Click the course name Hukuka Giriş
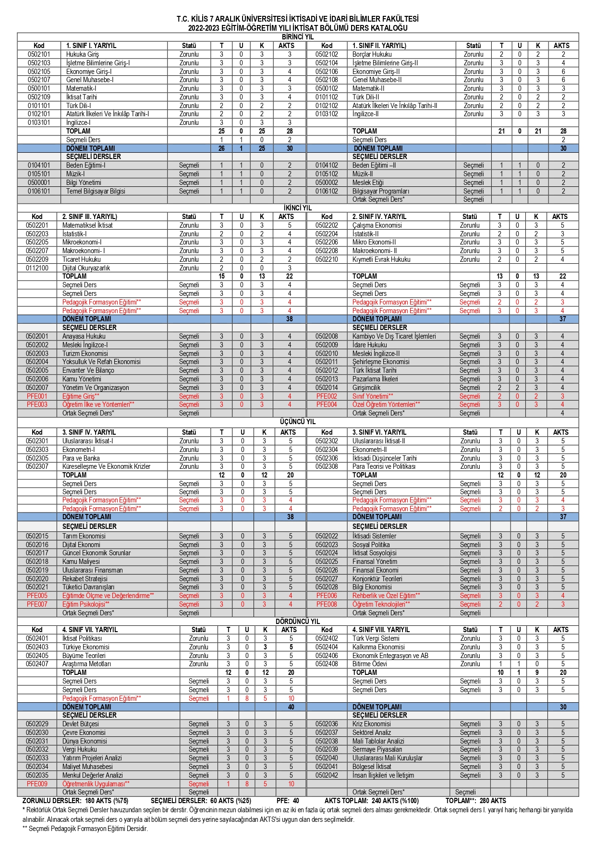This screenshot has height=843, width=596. click(83, 54)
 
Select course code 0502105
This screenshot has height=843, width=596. click(39, 72)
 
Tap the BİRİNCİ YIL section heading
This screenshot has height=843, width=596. click(298, 37)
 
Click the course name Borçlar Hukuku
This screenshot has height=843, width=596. click(372, 54)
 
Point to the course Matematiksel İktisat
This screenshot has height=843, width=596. click(87, 225)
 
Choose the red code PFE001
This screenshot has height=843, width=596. click(37, 396)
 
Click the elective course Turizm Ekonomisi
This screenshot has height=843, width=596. click(85, 354)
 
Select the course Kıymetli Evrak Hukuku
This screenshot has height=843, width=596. click(381, 259)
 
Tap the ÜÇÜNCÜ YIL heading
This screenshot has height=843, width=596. click(298, 422)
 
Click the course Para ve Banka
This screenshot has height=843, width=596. click(81, 458)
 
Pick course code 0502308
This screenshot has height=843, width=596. click(327, 466)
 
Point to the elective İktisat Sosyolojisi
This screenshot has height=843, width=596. click(374, 553)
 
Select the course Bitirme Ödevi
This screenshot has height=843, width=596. click(369, 664)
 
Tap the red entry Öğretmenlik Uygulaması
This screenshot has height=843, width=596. click(96, 784)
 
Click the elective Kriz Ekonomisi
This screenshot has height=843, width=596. click(371, 724)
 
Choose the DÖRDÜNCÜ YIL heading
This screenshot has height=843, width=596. click(298, 621)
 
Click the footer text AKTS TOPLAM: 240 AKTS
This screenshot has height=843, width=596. click(371, 801)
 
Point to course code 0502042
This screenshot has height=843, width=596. click(327, 775)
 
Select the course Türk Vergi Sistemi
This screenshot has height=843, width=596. click(376, 638)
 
